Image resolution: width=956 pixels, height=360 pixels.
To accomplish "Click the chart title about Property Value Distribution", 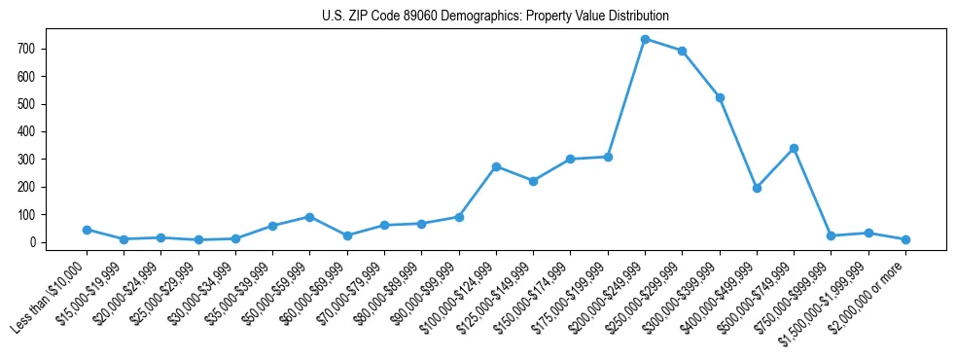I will tap(495, 17).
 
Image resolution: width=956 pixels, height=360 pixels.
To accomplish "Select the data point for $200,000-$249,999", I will tap(645, 39).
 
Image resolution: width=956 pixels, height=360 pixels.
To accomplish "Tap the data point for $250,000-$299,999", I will tap(683, 51).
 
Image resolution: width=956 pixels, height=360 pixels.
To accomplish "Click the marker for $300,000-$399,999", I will tap(720, 97).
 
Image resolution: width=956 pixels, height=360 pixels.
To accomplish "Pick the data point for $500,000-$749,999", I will tap(794, 148).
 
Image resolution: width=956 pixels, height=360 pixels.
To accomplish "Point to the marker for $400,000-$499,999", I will tap(757, 188).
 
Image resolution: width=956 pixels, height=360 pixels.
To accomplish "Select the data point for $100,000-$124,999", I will tap(496, 166).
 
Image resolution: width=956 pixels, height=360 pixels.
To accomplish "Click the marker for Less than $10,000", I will tap(87, 230).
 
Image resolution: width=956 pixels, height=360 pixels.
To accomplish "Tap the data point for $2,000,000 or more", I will tap(905, 239).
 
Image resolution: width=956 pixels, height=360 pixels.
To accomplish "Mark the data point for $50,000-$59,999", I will tap(309, 217).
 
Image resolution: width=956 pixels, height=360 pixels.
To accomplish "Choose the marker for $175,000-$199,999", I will tap(608, 157).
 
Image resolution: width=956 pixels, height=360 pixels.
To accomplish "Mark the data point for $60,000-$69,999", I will tap(347, 235).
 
